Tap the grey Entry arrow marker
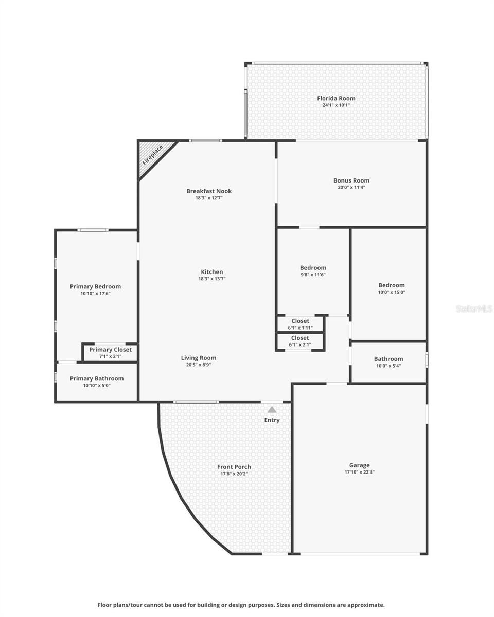pyautogui.click(x=272, y=409)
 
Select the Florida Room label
pyautogui.click(x=336, y=98)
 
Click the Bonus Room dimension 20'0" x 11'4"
pyautogui.click(x=351, y=188)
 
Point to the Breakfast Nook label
pyautogui.click(x=209, y=191)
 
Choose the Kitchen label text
pyautogui.click(x=212, y=272)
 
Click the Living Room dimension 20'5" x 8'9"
pyautogui.click(x=199, y=365)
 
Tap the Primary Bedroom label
pyautogui.click(x=95, y=287)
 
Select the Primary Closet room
pyautogui.click(x=110, y=353)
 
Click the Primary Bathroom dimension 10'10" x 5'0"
pyautogui.click(x=97, y=385)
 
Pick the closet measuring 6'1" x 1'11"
pyautogui.click(x=300, y=324)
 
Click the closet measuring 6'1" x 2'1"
pyautogui.click(x=300, y=341)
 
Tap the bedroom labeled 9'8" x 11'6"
pyautogui.click(x=313, y=271)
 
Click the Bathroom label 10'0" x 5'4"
pyautogui.click(x=389, y=362)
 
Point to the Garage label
pyautogui.click(x=359, y=465)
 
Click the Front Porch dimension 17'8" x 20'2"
pyautogui.click(x=234, y=474)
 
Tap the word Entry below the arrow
pyautogui.click(x=272, y=420)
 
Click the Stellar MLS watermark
pyautogui.click(x=474, y=308)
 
